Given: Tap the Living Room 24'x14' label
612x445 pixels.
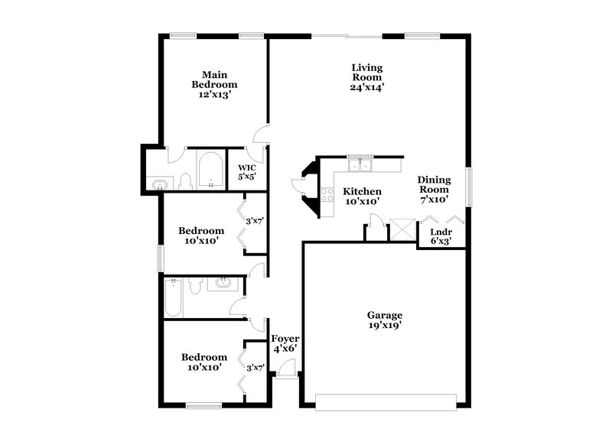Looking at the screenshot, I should click(367, 76).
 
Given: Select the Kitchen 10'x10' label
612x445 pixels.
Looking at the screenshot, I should click(362, 196).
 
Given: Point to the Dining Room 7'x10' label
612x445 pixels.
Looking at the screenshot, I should click(434, 190).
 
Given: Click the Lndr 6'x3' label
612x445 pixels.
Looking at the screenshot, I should click(440, 235).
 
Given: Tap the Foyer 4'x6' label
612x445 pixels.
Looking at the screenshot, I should click(285, 343).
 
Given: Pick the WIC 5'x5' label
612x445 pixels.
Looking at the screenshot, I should click(246, 172).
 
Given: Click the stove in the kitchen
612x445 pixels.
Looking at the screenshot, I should click(327, 194).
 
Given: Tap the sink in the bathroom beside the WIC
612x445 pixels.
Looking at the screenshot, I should click(160, 184).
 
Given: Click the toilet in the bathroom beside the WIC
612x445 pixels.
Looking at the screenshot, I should click(184, 180).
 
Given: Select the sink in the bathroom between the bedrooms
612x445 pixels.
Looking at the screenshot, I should click(224, 284).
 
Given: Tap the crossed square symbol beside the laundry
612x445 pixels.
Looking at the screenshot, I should click(401, 230).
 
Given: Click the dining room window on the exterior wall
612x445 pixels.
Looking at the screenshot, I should click(469, 186).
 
